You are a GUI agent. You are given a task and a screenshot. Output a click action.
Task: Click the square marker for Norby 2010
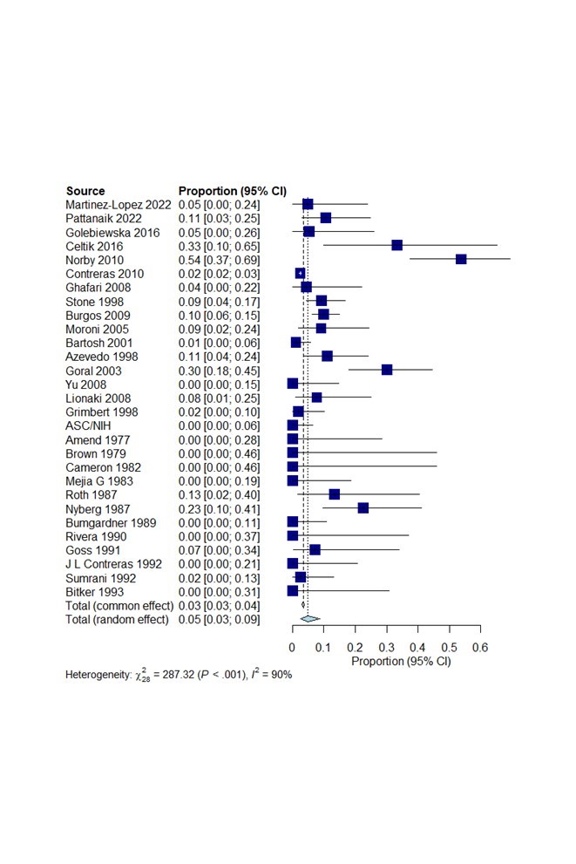pyautogui.click(x=461, y=259)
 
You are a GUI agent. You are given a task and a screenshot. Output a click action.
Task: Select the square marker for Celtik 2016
pyautogui.click(x=397, y=245)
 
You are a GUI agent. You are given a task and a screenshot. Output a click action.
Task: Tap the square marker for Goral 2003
pyautogui.click(x=387, y=370)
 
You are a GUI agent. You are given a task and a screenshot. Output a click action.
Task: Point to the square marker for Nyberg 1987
pyautogui.click(x=363, y=507)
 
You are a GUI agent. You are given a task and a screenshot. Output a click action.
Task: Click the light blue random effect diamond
pyautogui.click(x=309, y=618)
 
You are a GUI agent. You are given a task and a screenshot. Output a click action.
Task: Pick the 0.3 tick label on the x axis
pyautogui.click(x=386, y=648)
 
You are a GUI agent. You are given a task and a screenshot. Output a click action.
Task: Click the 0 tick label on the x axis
pyautogui.click(x=293, y=648)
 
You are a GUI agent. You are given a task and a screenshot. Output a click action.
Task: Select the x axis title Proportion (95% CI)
pyautogui.click(x=401, y=662)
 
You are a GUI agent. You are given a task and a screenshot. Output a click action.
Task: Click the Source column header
pyautogui.click(x=85, y=191)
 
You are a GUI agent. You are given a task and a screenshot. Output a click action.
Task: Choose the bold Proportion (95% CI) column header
pyautogui.click(x=232, y=191)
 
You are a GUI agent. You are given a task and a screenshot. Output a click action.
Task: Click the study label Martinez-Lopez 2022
pyautogui.click(x=119, y=204)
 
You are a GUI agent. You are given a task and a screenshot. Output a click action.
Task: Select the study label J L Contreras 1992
pyautogui.click(x=113, y=563)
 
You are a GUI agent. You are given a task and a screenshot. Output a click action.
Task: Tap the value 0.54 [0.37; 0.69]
pyautogui.click(x=219, y=259)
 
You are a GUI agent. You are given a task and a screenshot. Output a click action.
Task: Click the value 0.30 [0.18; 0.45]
pyautogui.click(x=219, y=370)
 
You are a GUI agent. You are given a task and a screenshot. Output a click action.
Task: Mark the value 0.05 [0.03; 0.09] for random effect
pyautogui.click(x=219, y=619)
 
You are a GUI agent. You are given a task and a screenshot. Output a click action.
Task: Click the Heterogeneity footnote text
pyautogui.click(x=179, y=675)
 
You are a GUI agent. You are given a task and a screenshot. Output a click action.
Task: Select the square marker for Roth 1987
pyautogui.click(x=334, y=494)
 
